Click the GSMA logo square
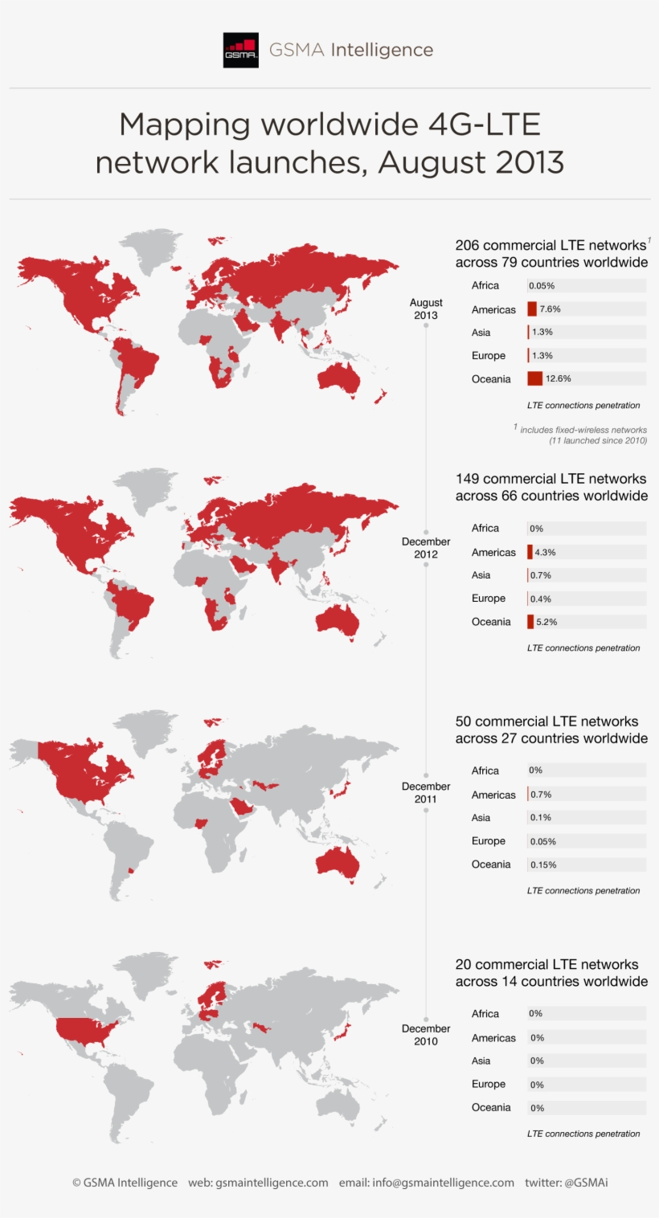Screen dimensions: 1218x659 (241, 50)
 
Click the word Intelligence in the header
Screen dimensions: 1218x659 (382, 50)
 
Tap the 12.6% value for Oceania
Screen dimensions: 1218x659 (558, 378)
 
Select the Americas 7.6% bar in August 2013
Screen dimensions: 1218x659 (532, 309)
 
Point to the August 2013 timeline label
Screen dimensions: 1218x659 (426, 309)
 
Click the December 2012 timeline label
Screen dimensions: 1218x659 (426, 548)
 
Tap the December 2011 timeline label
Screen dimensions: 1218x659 (426, 792)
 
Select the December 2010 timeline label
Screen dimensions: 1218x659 (426, 1035)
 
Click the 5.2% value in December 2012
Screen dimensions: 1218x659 (546, 622)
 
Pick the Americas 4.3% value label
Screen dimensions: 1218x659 (545, 553)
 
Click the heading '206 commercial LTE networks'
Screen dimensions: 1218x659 (551, 245)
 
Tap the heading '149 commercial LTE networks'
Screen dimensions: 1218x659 (551, 479)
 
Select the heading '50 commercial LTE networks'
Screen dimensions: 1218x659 (546, 721)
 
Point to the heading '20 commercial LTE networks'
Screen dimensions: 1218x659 (546, 964)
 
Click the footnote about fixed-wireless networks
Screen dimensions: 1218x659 (583, 435)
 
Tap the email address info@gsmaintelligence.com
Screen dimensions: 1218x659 (443, 1183)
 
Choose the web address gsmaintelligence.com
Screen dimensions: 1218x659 (272, 1183)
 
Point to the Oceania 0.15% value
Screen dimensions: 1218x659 (543, 865)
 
